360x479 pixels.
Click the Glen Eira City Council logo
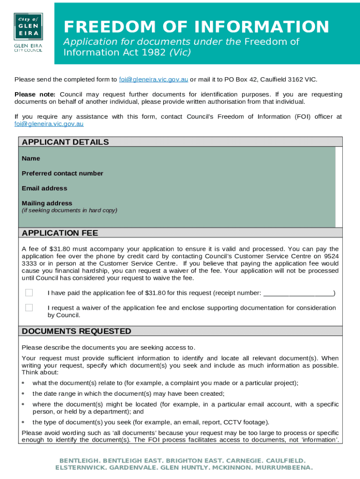28,33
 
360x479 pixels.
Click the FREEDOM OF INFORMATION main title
196,27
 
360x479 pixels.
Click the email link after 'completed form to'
153,79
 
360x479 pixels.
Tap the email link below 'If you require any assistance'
49,124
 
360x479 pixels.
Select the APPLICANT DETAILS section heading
65,142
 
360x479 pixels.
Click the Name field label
31,159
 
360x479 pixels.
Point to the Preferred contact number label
62,174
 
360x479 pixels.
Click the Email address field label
44,189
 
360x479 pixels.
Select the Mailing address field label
47,203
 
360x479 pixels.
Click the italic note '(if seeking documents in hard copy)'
69,210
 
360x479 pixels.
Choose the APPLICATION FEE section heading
60,233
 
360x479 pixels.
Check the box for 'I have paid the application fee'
29,293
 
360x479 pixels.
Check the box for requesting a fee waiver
29,308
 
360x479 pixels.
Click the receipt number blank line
298,293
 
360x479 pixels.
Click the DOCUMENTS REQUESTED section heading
76,331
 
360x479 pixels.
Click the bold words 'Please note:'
35,94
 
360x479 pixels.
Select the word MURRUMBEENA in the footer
286,467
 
